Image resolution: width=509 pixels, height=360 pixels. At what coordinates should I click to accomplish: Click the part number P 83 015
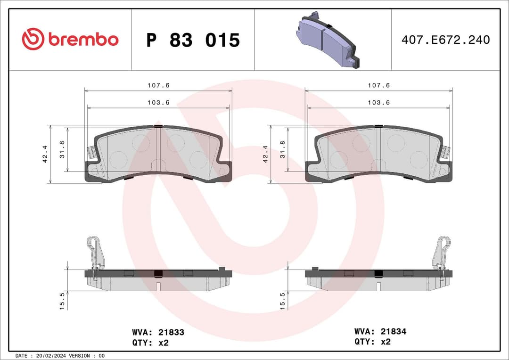(x=193, y=41)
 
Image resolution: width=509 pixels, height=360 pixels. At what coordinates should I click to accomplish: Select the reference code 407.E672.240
(x=445, y=40)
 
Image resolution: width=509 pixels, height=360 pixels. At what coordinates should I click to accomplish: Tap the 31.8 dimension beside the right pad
(x=282, y=149)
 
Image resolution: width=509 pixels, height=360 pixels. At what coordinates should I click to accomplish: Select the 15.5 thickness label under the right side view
(x=282, y=300)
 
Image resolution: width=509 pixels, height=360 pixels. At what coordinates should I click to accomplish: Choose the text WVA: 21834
(x=380, y=332)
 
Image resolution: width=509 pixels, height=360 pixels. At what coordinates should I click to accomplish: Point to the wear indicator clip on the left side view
(x=95, y=257)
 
